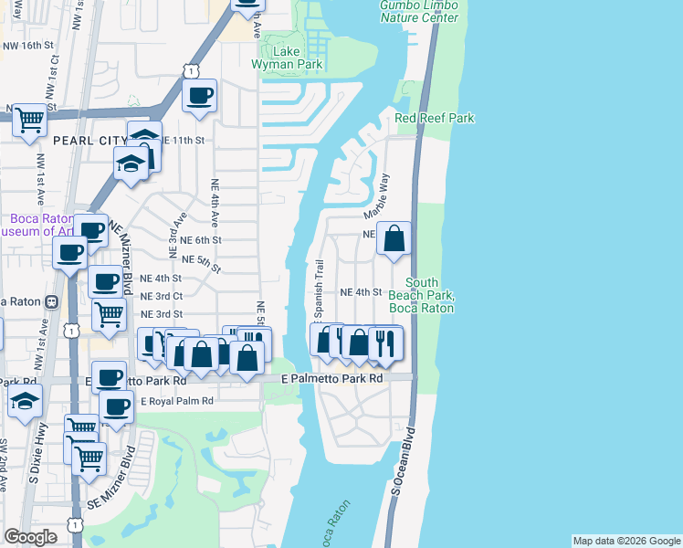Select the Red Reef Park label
(x=435, y=119)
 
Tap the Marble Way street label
(x=377, y=195)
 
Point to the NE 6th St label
(x=201, y=240)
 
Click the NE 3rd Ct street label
(x=162, y=296)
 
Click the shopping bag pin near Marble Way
(x=394, y=239)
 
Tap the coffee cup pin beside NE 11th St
(x=199, y=95)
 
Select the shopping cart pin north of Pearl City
(x=30, y=119)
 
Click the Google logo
(x=30, y=538)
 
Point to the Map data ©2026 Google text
(x=625, y=541)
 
